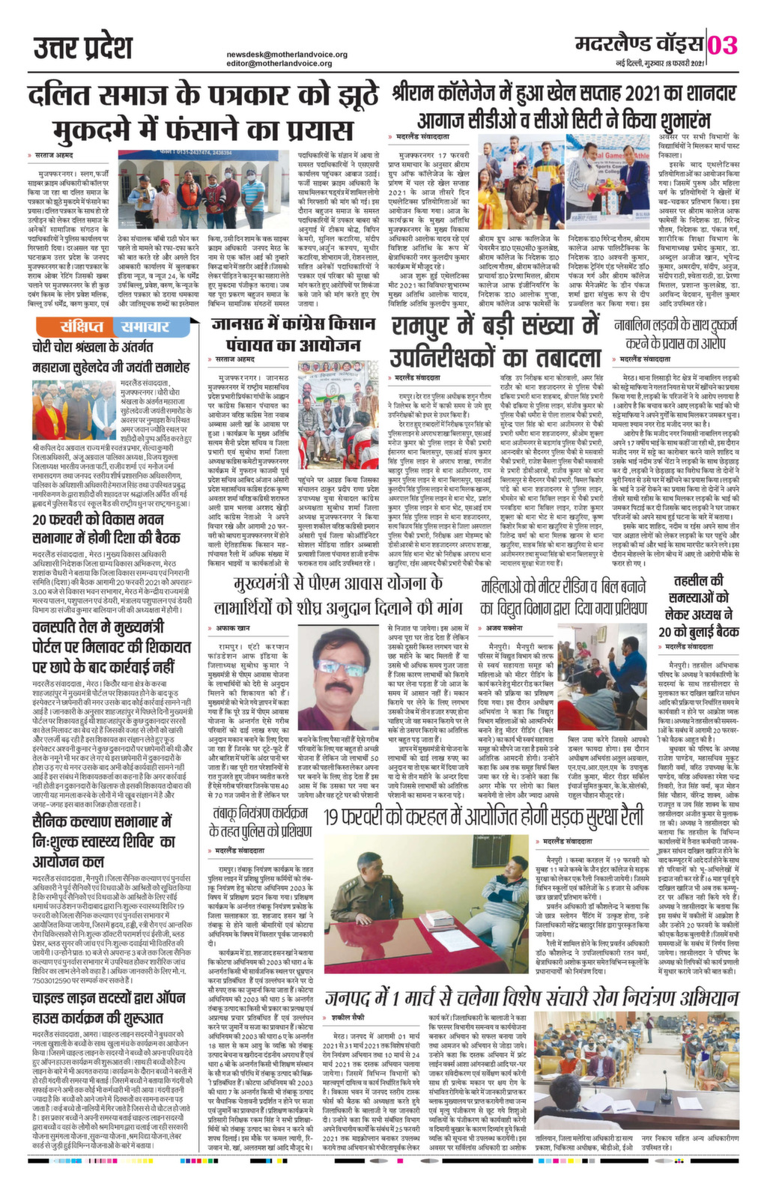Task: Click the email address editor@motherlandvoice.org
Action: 279,64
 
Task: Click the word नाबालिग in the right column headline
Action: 640,324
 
